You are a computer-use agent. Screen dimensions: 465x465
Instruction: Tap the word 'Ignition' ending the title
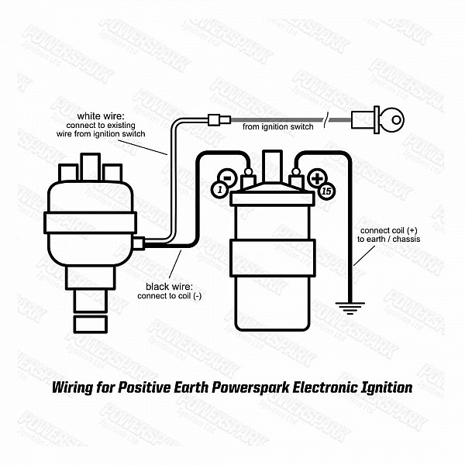pos(386,386)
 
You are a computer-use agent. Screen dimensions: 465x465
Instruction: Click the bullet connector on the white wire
pos(217,119)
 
